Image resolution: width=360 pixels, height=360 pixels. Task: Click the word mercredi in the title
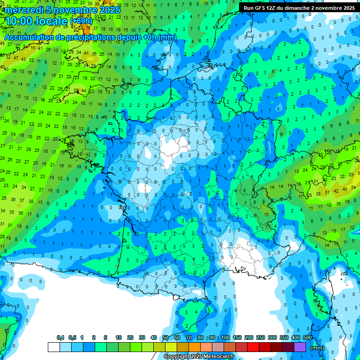[x=24, y=10]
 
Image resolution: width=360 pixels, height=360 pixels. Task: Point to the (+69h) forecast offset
[x=81, y=21]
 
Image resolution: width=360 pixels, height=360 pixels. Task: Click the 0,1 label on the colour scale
[x=60, y=338]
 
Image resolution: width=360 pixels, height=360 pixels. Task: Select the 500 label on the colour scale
[x=307, y=338]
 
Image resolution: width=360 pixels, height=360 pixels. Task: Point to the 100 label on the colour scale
[x=225, y=338]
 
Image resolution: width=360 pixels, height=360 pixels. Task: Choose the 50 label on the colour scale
[x=165, y=338]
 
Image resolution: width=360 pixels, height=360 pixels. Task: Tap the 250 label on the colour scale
[x=260, y=338]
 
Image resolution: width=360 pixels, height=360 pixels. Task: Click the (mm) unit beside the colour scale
[x=317, y=348]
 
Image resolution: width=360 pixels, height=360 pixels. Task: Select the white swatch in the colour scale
[x=54, y=347]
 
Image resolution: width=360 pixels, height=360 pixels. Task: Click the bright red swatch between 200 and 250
[x=253, y=347]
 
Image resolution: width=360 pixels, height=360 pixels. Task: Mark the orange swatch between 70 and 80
[x=195, y=347]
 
